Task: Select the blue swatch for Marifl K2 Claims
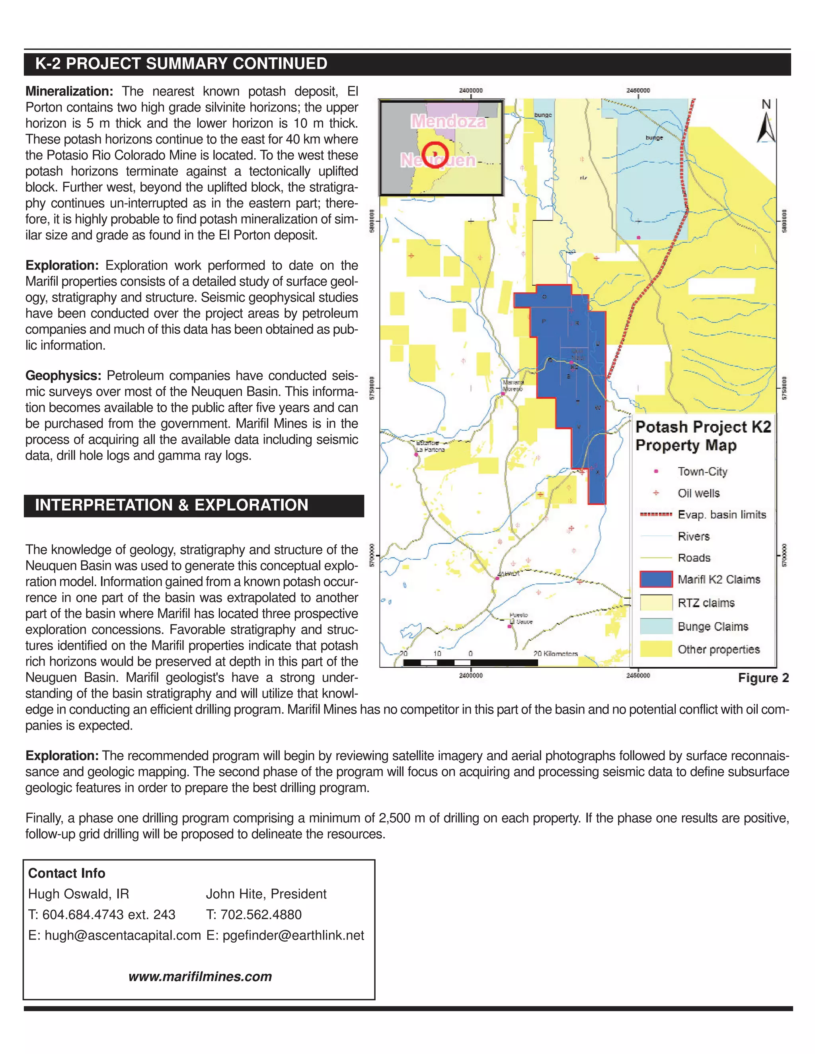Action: click(656, 579)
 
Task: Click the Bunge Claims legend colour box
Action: click(656, 626)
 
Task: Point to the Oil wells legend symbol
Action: click(656, 493)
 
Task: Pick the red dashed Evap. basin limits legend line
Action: click(656, 514)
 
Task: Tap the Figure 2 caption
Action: click(763, 678)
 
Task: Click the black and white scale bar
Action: click(470, 663)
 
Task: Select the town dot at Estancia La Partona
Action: click(416, 454)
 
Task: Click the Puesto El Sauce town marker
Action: click(509, 626)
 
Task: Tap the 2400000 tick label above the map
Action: click(470, 90)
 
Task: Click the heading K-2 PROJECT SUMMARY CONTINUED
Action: click(181, 64)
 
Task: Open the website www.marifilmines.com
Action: click(200, 976)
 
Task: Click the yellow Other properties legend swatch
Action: click(656, 649)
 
